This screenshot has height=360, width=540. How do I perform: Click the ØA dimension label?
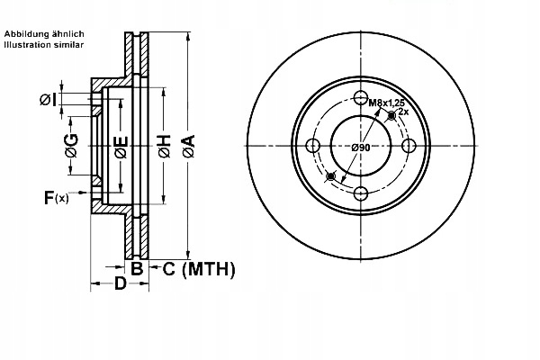(187, 147)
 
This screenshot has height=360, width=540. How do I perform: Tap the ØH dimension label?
(165, 147)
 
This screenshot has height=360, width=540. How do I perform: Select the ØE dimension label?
(121, 147)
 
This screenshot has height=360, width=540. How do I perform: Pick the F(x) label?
(55, 197)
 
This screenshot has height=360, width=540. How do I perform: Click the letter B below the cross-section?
(137, 268)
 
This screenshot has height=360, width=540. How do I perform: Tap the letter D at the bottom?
(119, 286)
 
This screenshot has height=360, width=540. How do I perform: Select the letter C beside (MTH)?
(168, 268)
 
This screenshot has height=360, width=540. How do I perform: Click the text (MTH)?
(208, 268)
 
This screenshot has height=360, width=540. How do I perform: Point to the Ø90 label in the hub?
(361, 147)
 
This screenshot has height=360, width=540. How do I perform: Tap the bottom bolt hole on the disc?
(361, 193)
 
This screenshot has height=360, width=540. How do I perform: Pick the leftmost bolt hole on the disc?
(313, 147)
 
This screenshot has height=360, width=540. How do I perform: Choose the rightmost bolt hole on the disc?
(408, 147)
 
